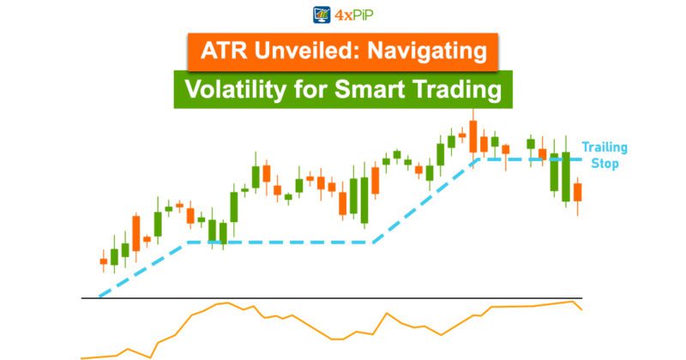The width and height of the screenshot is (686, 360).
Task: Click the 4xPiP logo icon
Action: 322,15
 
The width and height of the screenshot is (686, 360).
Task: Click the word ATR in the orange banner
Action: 222,51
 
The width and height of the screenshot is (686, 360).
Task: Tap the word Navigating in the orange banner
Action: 426,51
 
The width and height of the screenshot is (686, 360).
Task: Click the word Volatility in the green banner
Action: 238,88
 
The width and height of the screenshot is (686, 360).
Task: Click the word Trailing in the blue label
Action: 605,147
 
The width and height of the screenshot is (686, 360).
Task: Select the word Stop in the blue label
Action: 605,163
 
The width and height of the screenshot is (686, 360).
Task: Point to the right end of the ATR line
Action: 581,309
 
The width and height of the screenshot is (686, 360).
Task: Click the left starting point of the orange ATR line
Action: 82,357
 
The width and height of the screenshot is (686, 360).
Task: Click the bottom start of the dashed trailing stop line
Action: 101,295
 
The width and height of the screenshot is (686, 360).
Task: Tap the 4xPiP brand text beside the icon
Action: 356,15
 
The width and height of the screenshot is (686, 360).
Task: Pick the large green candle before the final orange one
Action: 566,176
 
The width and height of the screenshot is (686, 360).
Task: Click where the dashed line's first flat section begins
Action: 187,243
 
